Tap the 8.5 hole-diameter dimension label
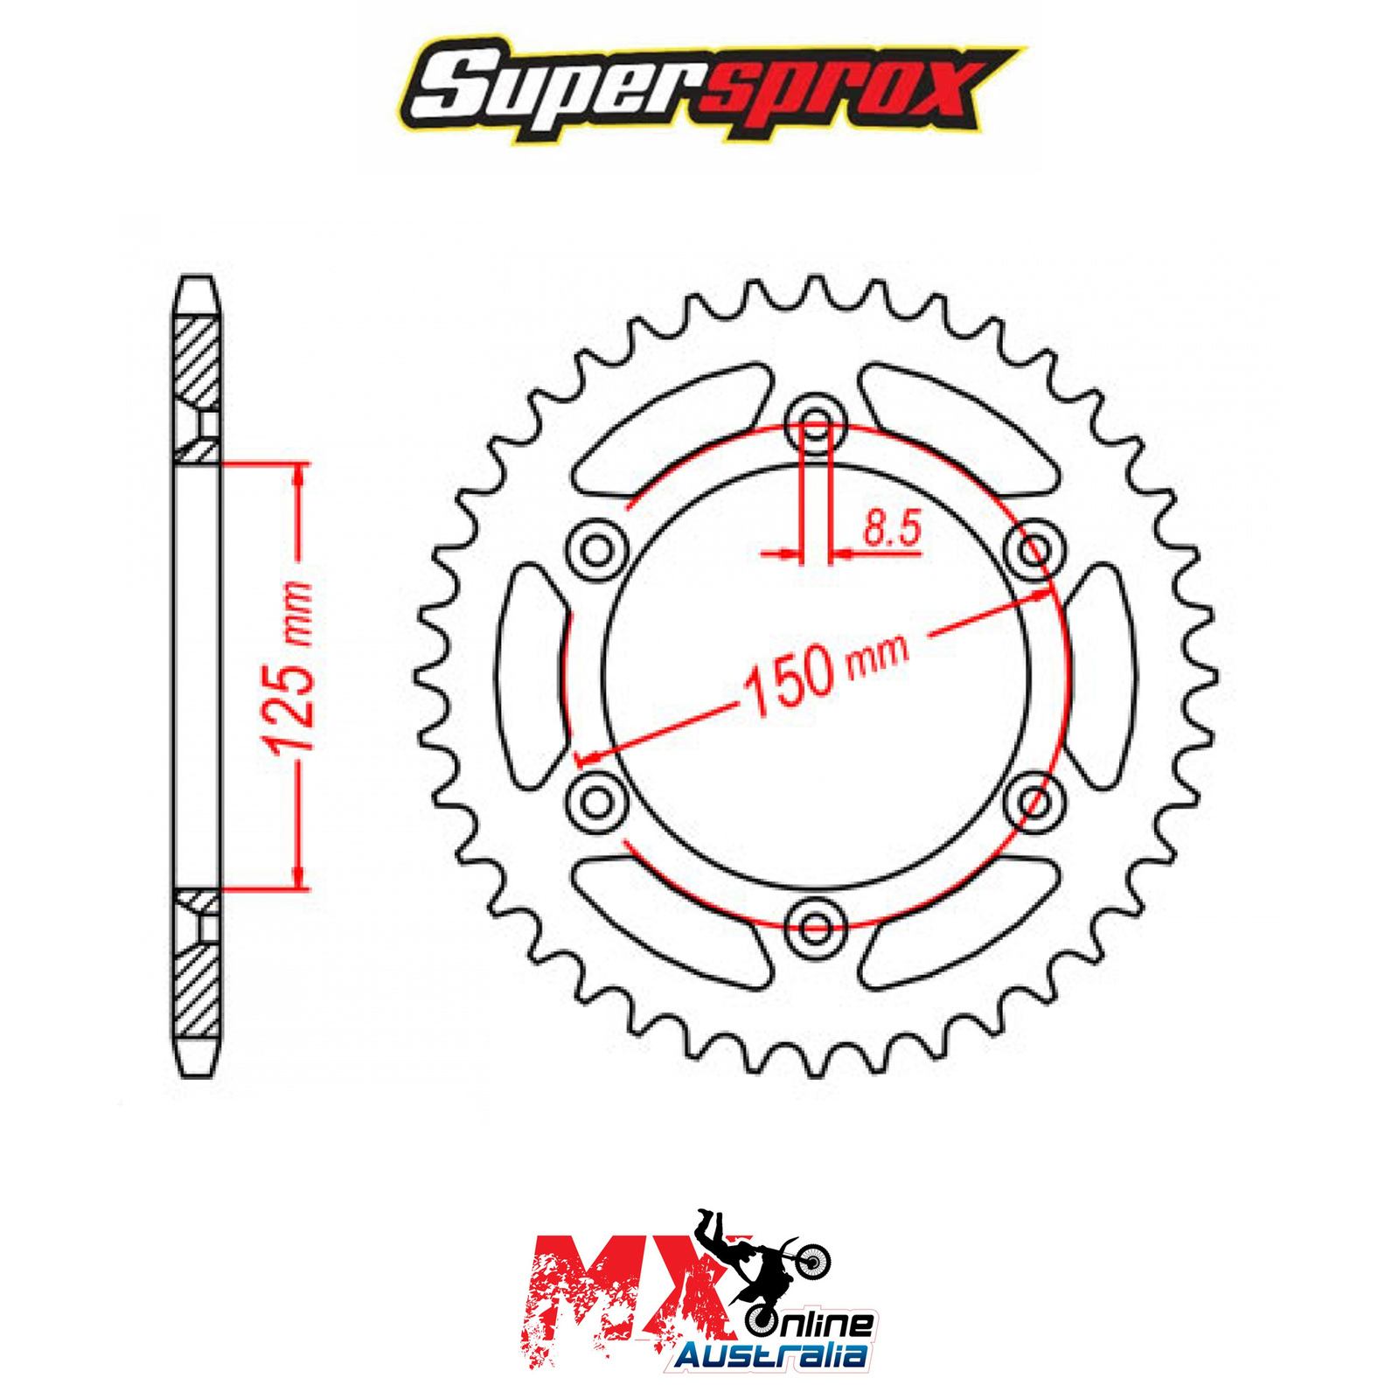point(892,528)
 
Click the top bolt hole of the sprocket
point(816,426)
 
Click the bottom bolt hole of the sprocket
point(816,927)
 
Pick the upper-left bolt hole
point(598,551)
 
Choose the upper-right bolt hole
point(1034,551)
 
